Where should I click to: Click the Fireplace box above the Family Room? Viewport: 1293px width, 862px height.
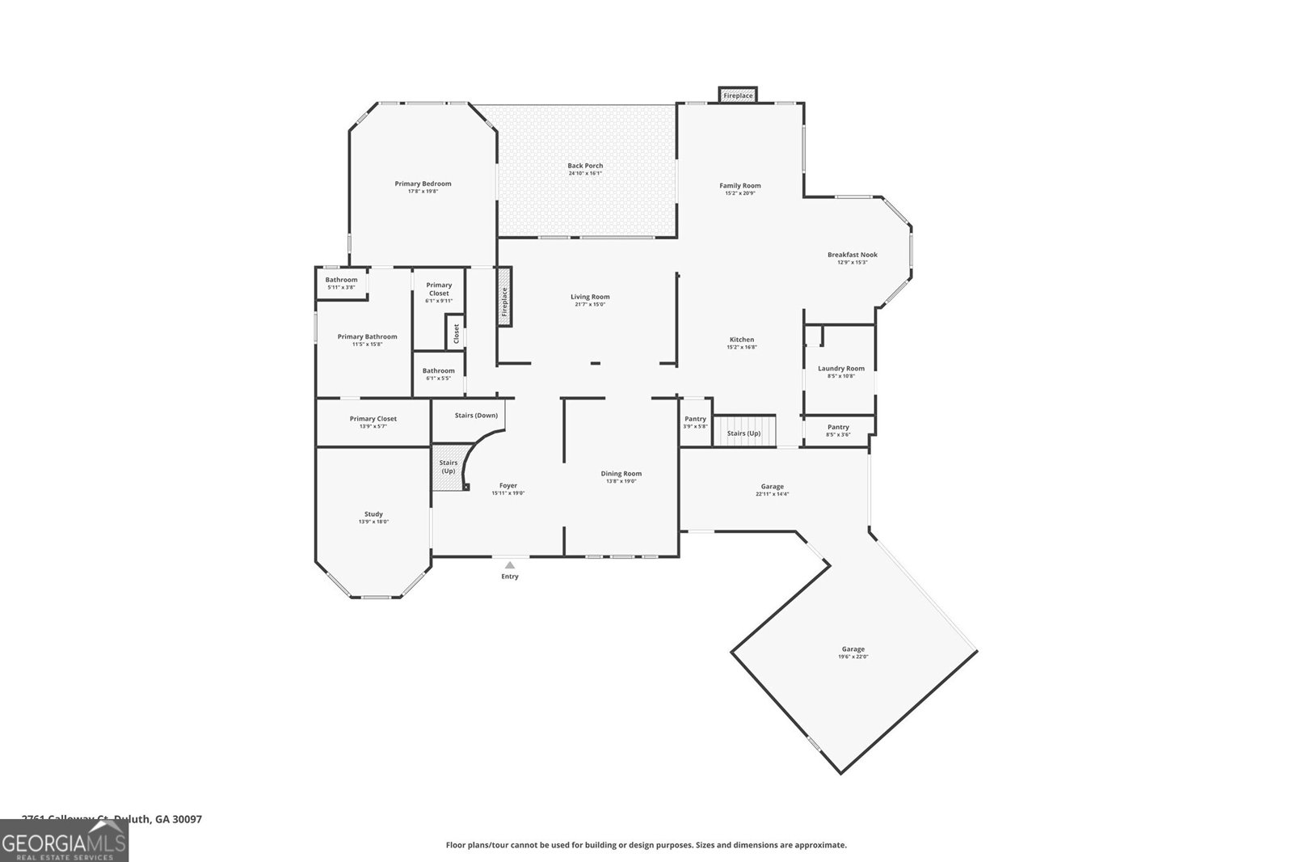pos(738,95)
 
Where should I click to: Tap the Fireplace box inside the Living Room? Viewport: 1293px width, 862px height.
pos(504,301)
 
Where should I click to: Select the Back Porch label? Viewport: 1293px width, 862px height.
pos(585,166)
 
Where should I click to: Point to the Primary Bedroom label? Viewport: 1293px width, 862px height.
pos(423,184)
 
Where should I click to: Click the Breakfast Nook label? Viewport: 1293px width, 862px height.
pos(852,255)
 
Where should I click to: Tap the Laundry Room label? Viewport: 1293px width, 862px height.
pos(840,369)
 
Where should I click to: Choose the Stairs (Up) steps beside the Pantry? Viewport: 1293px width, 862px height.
pos(743,429)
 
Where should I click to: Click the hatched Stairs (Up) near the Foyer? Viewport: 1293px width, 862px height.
pos(447,468)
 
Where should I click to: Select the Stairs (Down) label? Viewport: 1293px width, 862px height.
pos(476,416)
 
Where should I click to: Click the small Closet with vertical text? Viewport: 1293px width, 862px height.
pos(456,333)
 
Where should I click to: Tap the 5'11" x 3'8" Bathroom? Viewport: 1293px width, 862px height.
pos(341,283)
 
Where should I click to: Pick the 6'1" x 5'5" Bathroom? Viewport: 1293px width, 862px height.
pos(438,374)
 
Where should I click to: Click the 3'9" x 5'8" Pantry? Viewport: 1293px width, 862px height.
pos(695,422)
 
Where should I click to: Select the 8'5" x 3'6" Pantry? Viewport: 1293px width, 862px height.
pos(838,430)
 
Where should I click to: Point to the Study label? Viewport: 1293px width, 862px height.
pos(373,514)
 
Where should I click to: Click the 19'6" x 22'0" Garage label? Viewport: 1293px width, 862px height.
pos(853,649)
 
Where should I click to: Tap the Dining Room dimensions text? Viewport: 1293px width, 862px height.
pos(621,481)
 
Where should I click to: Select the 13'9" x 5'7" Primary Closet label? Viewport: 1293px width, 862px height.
pos(373,419)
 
